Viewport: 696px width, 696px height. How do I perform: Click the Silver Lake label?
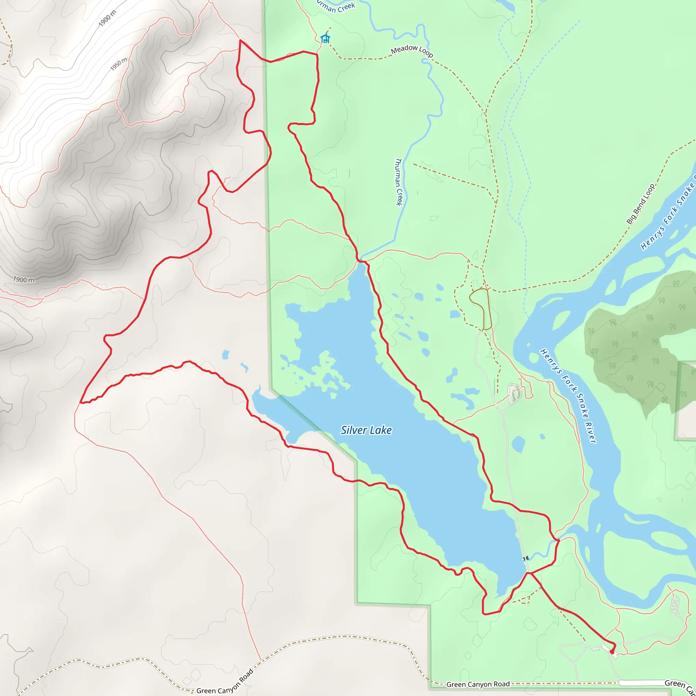pos(366,430)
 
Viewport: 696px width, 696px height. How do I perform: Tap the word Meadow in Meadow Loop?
pos(404,49)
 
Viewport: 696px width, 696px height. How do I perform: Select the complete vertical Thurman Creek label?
pos(398,182)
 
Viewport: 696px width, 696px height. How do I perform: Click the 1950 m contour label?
pos(119,64)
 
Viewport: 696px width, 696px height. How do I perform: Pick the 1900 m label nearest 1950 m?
pos(107,18)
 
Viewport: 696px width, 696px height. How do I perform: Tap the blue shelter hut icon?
pos(325,38)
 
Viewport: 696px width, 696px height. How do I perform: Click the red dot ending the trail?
pos(612,652)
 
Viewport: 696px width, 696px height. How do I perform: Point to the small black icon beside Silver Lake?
pos(526,558)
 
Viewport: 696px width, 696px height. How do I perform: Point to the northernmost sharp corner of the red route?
pos(240,40)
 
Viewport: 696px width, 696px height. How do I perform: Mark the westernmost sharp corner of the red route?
pos(80,402)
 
